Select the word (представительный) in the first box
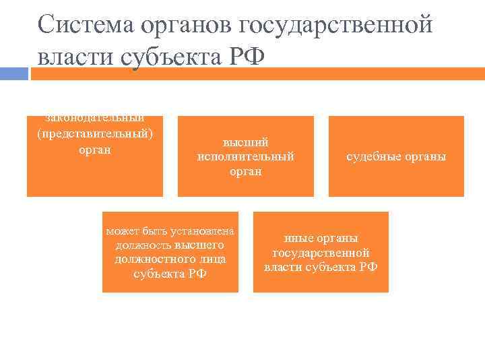pyautogui.click(x=95, y=133)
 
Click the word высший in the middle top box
pyautogui.click(x=246, y=142)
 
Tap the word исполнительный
pyautogui.click(x=246, y=157)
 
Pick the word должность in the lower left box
pyautogui.click(x=143, y=245)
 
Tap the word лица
pyautogui.click(x=212, y=260)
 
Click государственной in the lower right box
pyautogui.click(x=321, y=253)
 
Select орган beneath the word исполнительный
pyautogui.click(x=246, y=172)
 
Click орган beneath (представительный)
pyautogui.click(x=95, y=149)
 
